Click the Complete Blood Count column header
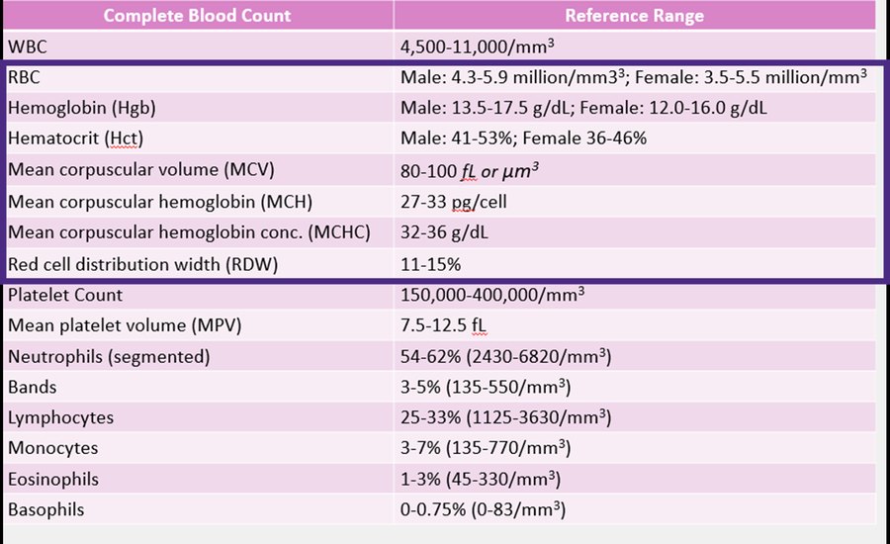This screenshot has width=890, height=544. point(197,16)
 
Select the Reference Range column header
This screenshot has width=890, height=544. point(634,16)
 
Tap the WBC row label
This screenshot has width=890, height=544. point(28,46)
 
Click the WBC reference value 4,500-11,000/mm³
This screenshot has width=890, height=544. point(477,46)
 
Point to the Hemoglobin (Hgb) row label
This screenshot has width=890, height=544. point(82,108)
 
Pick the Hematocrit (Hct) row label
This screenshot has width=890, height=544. point(75,138)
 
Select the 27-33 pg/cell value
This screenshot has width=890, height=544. point(454,202)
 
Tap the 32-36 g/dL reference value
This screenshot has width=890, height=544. point(444,232)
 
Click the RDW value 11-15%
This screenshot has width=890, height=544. point(430,265)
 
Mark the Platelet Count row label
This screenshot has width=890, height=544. point(65,295)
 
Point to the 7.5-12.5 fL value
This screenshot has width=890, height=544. point(443,325)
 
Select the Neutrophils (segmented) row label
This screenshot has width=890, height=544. point(109,357)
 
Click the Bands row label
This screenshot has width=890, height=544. point(33,388)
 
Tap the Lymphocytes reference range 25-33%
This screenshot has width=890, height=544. point(430,417)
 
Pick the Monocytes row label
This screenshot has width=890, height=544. point(52,448)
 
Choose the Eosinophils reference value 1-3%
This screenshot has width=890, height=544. point(420,479)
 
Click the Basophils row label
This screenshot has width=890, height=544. point(45,509)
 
